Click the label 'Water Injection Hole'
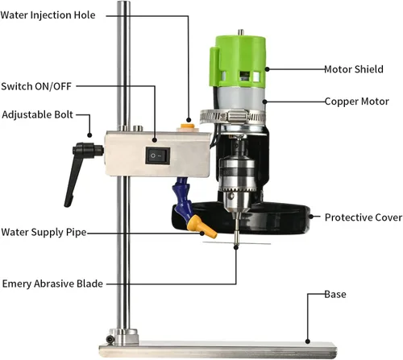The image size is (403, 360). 48,15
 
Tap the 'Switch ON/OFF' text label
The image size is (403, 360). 36,86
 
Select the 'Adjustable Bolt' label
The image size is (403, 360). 37,114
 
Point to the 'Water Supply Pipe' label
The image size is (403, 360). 44,232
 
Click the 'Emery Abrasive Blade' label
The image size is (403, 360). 52,283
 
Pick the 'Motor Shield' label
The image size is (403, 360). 354,69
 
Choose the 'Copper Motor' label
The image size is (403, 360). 356,101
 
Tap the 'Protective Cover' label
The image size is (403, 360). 364,217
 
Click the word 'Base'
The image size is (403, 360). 335,294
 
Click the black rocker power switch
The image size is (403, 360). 158,155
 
